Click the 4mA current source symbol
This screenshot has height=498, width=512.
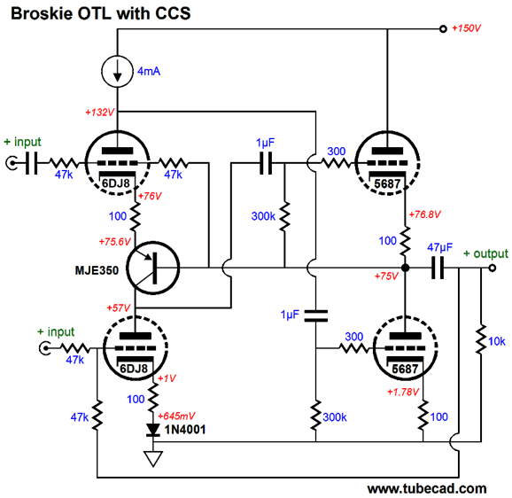pyautogui.click(x=117, y=72)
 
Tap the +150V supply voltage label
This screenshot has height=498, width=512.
pyautogui.click(x=466, y=28)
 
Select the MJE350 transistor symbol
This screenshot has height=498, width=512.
pyautogui.click(x=153, y=268)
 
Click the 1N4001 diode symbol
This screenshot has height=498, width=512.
pyautogui.click(x=153, y=430)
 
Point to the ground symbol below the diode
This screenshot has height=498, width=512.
pyautogui.click(x=153, y=458)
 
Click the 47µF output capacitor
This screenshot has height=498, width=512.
pyautogui.click(x=438, y=268)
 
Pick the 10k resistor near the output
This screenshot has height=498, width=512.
pyautogui.click(x=481, y=339)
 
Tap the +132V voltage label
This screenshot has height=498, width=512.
pyautogui.click(x=99, y=113)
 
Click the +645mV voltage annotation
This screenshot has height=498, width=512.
pyautogui.click(x=176, y=416)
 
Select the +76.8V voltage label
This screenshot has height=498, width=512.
pyautogui.click(x=425, y=214)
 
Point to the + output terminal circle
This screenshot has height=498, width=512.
pyautogui.click(x=493, y=268)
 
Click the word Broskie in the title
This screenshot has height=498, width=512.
pyautogui.click(x=42, y=13)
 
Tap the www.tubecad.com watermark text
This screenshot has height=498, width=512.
pyautogui.click(x=427, y=489)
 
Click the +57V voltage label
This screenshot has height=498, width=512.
pyautogui.click(x=118, y=308)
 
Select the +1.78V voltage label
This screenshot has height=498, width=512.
pyautogui.click(x=403, y=392)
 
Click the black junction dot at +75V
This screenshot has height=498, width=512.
pyautogui.click(x=405, y=268)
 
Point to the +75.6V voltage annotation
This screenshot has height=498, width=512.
pyautogui.click(x=114, y=242)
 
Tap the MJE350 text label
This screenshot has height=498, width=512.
pyautogui.click(x=97, y=270)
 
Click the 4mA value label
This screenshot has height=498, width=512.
pyautogui.click(x=149, y=71)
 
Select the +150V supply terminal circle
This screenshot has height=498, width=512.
pyautogui.click(x=443, y=28)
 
